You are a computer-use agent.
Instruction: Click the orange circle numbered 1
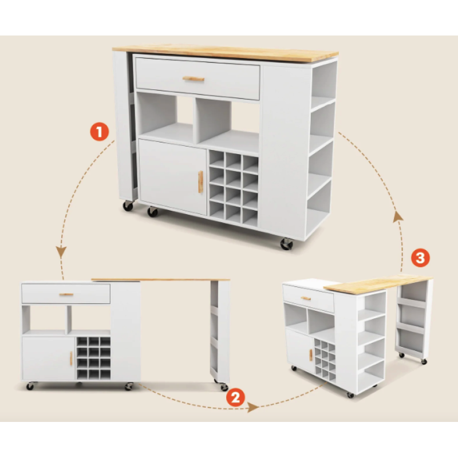(x=99, y=132)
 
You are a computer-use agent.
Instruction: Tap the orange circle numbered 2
(x=235, y=397)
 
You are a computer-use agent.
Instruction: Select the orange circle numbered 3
(x=420, y=258)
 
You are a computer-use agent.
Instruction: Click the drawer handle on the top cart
(x=194, y=79)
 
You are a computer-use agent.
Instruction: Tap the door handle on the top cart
(x=200, y=181)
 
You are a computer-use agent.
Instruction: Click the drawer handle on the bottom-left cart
(x=66, y=294)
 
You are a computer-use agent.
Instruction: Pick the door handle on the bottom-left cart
(x=71, y=358)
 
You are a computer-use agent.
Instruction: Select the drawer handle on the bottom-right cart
(x=306, y=298)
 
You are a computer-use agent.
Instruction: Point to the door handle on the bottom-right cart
(x=311, y=354)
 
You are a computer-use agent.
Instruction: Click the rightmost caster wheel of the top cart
(x=287, y=244)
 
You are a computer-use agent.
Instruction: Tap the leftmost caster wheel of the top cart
(x=128, y=206)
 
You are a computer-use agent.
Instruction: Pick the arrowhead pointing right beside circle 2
(x=253, y=407)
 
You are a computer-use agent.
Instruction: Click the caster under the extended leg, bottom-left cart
(x=223, y=387)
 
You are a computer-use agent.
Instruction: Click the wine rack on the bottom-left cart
(x=93, y=358)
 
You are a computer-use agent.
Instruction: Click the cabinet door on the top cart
(x=173, y=177)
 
